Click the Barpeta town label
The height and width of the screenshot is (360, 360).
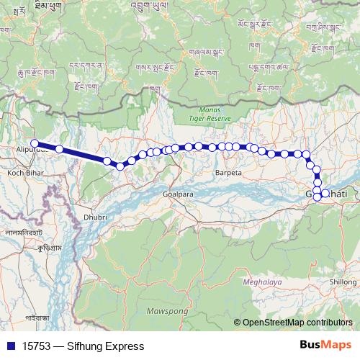(x=228, y=174)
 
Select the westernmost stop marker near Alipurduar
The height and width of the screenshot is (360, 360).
(x=35, y=143)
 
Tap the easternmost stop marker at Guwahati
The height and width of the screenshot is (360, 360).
(x=325, y=193)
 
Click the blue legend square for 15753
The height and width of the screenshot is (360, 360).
(x=9, y=346)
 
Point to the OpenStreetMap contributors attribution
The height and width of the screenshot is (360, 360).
(x=297, y=323)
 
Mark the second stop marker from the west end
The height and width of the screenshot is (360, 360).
(x=60, y=149)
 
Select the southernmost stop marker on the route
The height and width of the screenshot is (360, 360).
(x=318, y=197)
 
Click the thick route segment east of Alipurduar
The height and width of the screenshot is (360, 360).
(x=83, y=156)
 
